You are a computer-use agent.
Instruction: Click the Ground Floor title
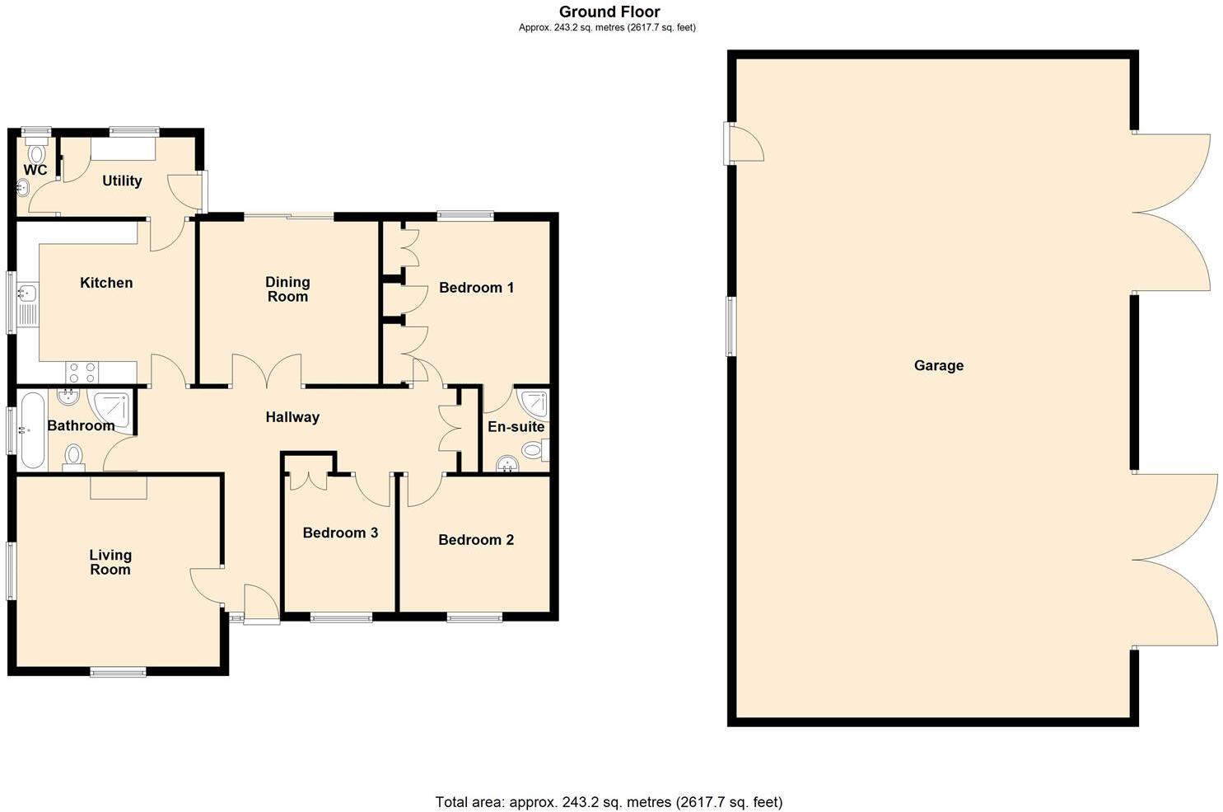pyautogui.click(x=609, y=12)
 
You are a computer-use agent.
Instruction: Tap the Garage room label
pyautogui.click(x=938, y=365)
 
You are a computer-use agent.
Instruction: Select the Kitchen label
pyautogui.click(x=106, y=283)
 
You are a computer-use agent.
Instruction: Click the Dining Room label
pyautogui.click(x=287, y=289)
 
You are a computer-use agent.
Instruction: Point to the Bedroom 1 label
pyautogui.click(x=476, y=288)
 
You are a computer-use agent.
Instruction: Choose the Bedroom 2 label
pyautogui.click(x=476, y=540)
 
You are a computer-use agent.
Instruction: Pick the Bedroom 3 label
pyautogui.click(x=340, y=533)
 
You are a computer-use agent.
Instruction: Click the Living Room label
pyautogui.click(x=110, y=562)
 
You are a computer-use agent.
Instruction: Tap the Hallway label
pyautogui.click(x=292, y=417)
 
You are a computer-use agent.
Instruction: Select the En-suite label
pyautogui.click(x=516, y=427)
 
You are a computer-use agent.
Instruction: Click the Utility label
pyautogui.click(x=122, y=181)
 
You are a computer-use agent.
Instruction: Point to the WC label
pyautogui.click(x=35, y=170)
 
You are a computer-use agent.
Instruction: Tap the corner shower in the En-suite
pyautogui.click(x=534, y=401)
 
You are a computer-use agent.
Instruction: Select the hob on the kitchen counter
pyautogui.click(x=82, y=372)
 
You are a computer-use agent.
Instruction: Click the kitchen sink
pyautogui.click(x=27, y=293)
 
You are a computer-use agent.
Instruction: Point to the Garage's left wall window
pyautogui.click(x=731, y=326)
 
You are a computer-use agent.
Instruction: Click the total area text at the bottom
pyautogui.click(x=609, y=801)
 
